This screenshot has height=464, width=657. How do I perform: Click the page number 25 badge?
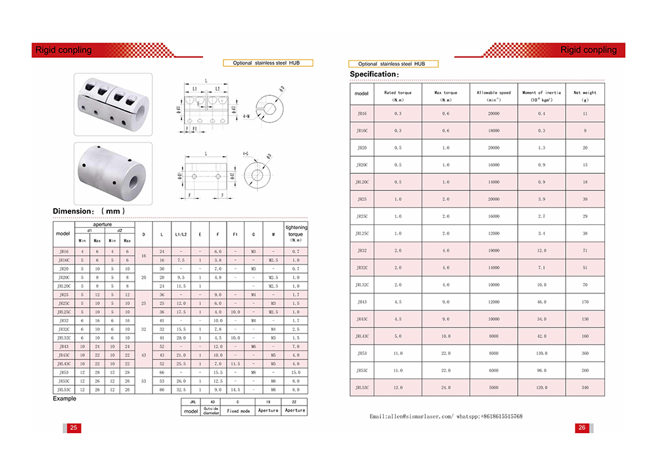tap(74, 428)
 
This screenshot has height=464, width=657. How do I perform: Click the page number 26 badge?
tap(582, 428)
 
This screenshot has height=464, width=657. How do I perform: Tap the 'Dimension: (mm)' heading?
tap(89, 211)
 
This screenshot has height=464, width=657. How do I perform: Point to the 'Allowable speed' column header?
tap(493, 96)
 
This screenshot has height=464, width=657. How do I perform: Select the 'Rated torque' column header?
tap(397, 96)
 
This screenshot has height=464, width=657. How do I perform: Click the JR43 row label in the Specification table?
tap(362, 302)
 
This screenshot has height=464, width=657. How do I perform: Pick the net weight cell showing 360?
tap(585, 352)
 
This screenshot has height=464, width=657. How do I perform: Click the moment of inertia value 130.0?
tap(541, 352)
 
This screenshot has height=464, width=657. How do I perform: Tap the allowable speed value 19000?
tap(493, 251)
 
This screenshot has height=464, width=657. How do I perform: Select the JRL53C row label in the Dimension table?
tap(64, 389)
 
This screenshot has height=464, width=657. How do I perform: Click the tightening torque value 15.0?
tap(296, 372)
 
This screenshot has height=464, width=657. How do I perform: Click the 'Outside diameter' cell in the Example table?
tap(211, 410)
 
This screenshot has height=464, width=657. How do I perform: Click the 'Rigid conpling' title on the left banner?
tap(64, 50)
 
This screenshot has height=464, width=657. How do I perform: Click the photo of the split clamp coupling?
tap(113, 103)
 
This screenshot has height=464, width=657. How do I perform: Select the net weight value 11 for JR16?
tap(585, 114)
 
